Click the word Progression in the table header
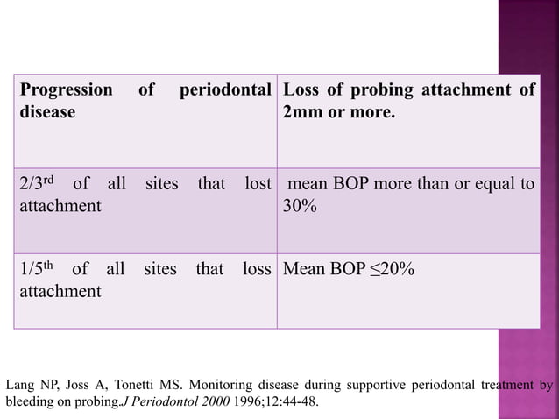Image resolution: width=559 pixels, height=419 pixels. point(67,89)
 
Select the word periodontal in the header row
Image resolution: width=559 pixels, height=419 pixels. point(223,89)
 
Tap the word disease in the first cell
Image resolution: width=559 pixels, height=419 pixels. point(47,112)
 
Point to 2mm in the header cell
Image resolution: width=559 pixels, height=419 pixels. point(303,112)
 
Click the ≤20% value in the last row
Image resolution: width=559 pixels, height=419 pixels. point(395,268)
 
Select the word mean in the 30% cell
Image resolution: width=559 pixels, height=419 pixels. point(307,185)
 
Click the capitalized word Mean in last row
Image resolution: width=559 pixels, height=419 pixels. point(302,268)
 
